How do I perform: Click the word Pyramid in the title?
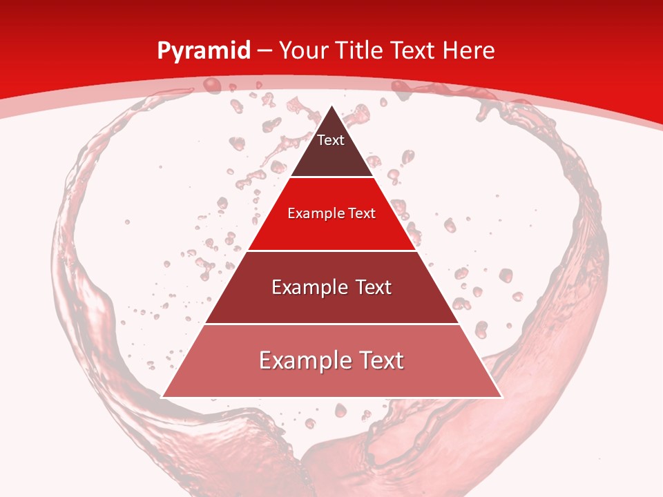click(x=203, y=51)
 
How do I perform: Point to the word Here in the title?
click(x=469, y=50)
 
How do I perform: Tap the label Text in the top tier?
click(x=330, y=140)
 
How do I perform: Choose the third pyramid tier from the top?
click(x=331, y=304)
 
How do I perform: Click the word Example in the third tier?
click(x=301, y=287)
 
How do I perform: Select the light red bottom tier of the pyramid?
click(x=331, y=380)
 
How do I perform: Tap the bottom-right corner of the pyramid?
click(x=501, y=396)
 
